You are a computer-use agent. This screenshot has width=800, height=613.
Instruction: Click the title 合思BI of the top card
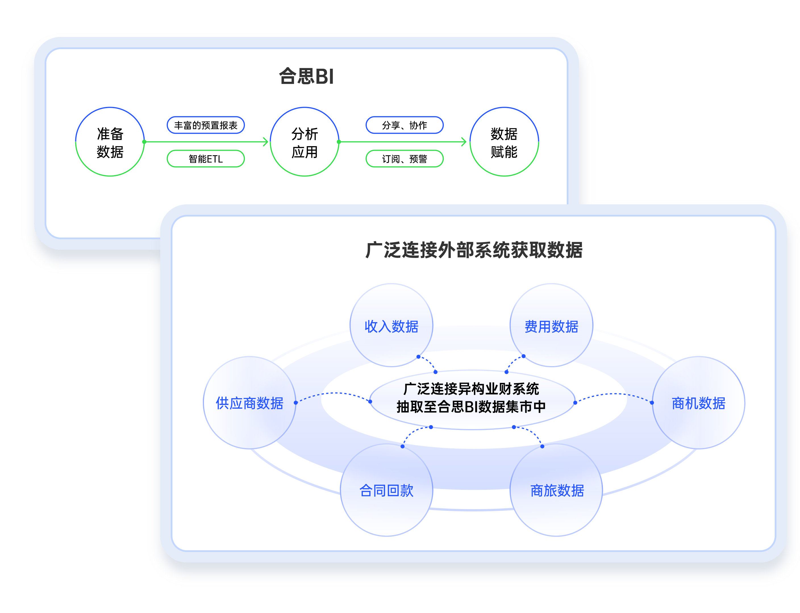pos(306,77)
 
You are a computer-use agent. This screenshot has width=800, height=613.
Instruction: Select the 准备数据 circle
pos(110,142)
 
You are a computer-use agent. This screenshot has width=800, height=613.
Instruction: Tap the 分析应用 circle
pos(305,142)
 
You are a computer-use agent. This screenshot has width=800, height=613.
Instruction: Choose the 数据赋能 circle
pos(504,142)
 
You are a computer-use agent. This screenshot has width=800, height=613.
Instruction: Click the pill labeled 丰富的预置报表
pos(206,125)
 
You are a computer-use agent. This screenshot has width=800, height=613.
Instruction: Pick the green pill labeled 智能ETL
pos(206,159)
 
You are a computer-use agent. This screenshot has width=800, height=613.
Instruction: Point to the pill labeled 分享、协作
pos(404,125)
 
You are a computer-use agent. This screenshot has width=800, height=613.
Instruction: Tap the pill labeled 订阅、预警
pos(404,159)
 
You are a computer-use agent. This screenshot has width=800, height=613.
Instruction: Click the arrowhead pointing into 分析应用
pos(266,142)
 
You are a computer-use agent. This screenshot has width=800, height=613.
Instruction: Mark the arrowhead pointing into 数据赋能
pos(464,142)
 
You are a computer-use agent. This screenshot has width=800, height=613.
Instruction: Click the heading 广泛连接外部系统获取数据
pos(474,250)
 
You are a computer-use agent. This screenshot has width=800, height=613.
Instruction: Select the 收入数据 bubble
pos(391,326)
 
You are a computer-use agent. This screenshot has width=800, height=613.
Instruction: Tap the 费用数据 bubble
pos(551,326)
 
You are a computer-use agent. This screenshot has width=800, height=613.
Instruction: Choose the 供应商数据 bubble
pos(249,403)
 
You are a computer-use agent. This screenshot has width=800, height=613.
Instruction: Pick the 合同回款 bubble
pos(386,490)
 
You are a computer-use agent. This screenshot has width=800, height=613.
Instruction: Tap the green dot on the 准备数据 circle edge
pos(144,142)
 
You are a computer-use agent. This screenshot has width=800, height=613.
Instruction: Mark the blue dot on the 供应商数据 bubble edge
pos(296,402)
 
